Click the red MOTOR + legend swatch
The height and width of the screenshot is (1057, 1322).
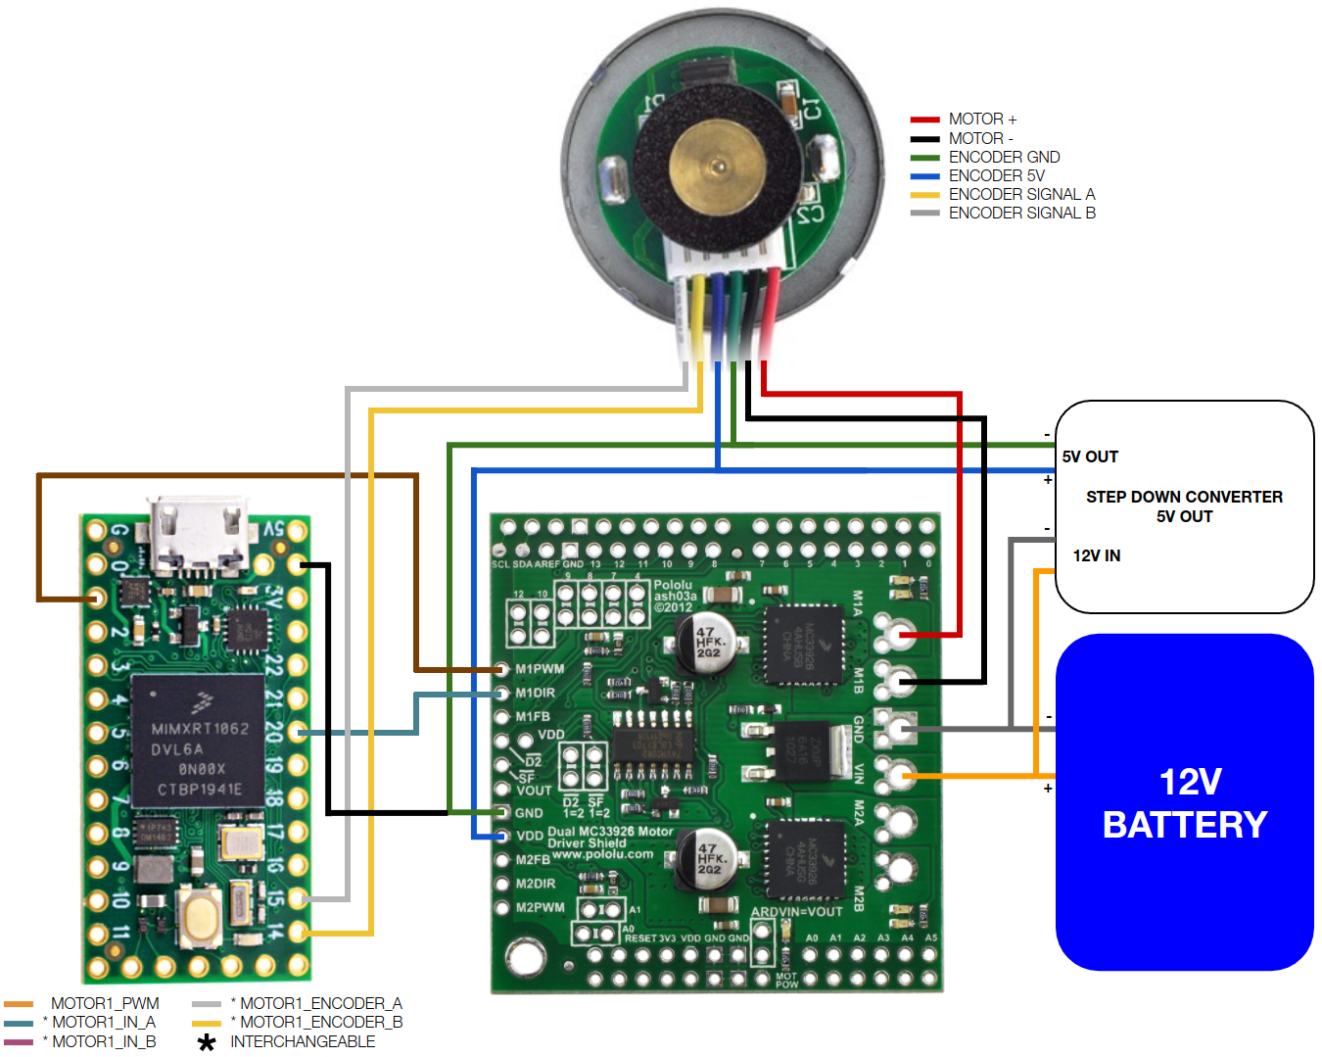(924, 120)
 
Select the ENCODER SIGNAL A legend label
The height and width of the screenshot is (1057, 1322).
(1021, 194)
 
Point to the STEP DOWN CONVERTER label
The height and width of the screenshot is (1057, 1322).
(1184, 497)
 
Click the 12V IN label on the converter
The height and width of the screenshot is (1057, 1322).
(1097, 555)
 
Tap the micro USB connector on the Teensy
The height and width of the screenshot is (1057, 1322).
(197, 535)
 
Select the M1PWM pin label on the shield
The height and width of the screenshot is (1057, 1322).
(540, 669)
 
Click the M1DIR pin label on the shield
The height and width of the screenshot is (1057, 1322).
(536, 693)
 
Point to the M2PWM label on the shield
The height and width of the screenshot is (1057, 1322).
(540, 907)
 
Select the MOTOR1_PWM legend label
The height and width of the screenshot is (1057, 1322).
(105, 1003)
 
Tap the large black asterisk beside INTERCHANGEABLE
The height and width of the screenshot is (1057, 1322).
(207, 1042)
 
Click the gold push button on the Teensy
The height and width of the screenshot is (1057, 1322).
(200, 917)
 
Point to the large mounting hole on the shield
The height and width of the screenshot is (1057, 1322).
(526, 957)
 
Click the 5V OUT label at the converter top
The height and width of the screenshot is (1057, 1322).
(1090, 456)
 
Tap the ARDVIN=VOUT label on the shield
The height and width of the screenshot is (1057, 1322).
(796, 911)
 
